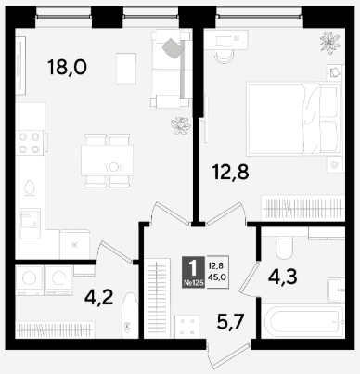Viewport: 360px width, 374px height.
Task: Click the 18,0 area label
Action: click(68, 68)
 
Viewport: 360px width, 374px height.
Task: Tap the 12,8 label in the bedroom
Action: click(231, 172)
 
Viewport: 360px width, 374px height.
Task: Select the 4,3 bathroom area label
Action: click(283, 277)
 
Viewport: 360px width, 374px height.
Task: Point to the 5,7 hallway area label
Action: click(231, 322)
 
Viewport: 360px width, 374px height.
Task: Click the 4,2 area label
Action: click(99, 298)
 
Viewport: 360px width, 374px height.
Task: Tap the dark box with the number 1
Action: click(193, 272)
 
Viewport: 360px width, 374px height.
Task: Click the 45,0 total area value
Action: click(217, 277)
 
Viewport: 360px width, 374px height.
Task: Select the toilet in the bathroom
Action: click(284, 248)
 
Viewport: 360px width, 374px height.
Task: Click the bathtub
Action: click(302, 321)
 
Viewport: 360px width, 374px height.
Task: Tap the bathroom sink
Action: click(336, 290)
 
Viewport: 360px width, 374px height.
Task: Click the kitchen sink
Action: click(31, 224)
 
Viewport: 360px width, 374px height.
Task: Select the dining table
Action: click(107, 161)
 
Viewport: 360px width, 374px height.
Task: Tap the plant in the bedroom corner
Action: click(330, 43)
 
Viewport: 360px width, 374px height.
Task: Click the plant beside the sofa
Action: click(181, 125)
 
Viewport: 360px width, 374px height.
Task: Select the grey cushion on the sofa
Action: click(173, 48)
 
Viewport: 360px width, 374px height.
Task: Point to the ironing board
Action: click(130, 316)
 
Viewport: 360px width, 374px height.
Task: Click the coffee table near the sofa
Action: click(126, 69)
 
